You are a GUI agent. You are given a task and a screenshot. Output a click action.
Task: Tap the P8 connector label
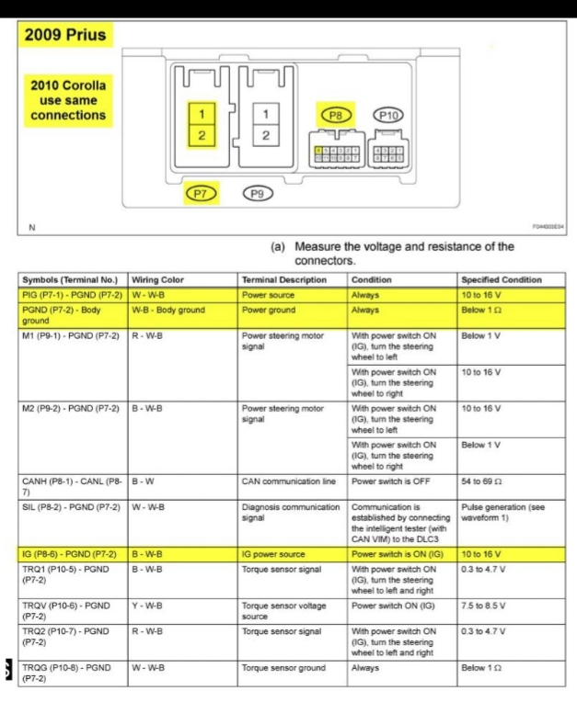click(x=334, y=115)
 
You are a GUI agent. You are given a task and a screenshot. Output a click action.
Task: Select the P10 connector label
click(x=388, y=115)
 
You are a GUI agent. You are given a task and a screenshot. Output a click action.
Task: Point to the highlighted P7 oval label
click(x=202, y=193)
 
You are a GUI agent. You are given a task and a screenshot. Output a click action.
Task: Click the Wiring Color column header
click(x=159, y=279)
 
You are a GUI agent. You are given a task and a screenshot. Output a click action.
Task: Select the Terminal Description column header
click(x=284, y=279)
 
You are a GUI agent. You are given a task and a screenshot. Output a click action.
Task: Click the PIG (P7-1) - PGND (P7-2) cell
click(x=73, y=295)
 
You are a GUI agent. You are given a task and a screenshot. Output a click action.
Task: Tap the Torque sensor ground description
click(x=284, y=668)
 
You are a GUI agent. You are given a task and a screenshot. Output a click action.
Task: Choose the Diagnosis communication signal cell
click(x=290, y=510)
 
